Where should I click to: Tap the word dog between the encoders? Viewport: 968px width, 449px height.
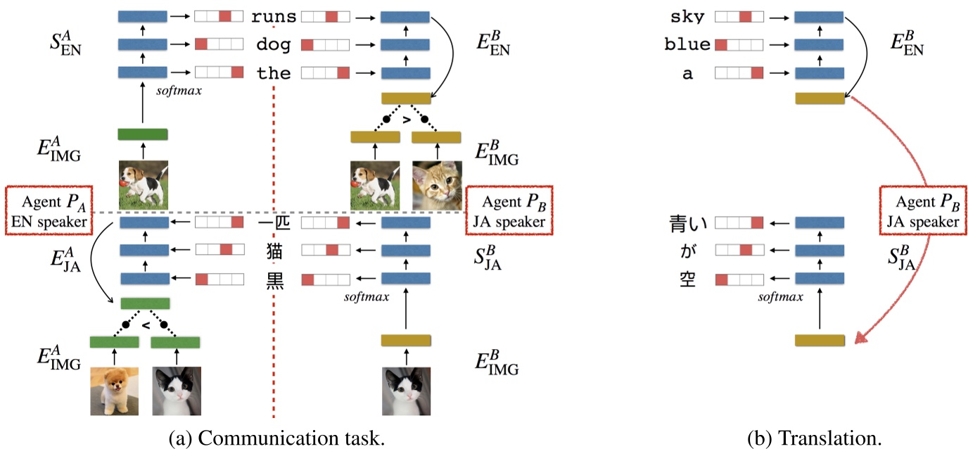point(274,45)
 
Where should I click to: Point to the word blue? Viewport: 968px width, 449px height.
point(687,45)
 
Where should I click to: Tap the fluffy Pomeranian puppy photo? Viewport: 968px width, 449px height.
point(114,391)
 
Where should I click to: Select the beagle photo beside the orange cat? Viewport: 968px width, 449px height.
point(375,186)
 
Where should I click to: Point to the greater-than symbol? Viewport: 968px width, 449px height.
point(405,120)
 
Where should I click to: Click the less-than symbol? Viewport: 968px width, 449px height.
point(145,326)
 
